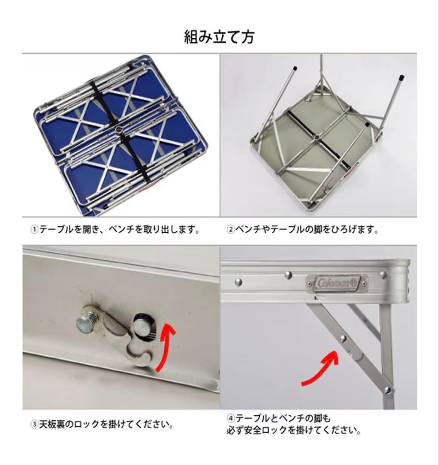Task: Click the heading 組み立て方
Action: click(x=219, y=37)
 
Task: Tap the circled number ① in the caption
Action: click(x=34, y=229)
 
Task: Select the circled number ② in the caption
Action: click(x=230, y=229)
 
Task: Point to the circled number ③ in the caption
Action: click(x=34, y=425)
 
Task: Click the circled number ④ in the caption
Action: click(x=230, y=418)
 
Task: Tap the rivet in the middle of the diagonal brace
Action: click(x=343, y=338)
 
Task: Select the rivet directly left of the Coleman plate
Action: click(x=288, y=275)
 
